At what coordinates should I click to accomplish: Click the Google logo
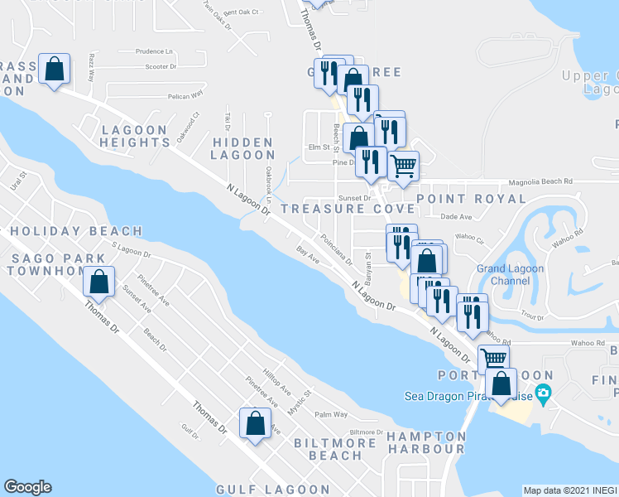(27, 487)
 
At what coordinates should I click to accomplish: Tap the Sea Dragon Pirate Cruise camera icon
(543, 394)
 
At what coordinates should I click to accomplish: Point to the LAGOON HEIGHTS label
(135, 136)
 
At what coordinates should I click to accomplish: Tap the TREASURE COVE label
(347, 209)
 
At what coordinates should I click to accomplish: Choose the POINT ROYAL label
(471, 199)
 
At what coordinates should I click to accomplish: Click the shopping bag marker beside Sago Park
(99, 282)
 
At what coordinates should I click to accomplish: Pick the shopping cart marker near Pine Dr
(403, 166)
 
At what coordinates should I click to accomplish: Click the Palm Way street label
(329, 414)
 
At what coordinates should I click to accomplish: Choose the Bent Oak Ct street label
(242, 12)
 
